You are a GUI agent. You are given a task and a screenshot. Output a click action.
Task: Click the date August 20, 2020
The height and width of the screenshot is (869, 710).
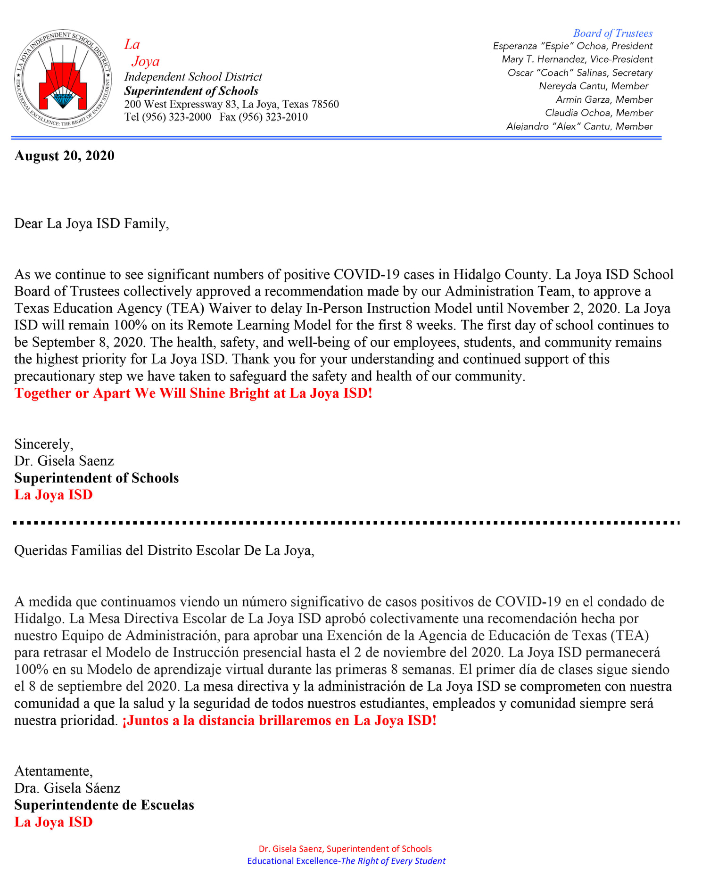(x=64, y=156)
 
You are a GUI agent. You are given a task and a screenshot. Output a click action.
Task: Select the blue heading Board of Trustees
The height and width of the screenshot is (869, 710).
(x=612, y=33)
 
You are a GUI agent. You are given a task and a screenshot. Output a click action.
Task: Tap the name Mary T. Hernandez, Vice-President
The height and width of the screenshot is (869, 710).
(x=577, y=59)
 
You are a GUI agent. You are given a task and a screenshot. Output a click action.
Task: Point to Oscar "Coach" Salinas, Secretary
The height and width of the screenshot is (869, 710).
(x=580, y=73)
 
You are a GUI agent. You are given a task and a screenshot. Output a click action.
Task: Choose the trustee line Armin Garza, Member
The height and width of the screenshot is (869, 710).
(x=604, y=99)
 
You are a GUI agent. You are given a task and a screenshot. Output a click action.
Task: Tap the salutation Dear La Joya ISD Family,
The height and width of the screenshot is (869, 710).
(x=91, y=223)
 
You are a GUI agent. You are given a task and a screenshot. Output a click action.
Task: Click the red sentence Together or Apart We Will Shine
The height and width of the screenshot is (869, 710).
(x=193, y=393)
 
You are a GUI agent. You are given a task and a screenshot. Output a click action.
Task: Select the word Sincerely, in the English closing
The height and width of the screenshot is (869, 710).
(x=44, y=444)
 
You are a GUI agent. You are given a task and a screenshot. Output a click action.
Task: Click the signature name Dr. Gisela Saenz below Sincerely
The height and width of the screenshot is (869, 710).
(x=64, y=461)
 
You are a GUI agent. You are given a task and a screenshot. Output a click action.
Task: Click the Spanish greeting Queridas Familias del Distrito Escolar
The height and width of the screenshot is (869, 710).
(x=164, y=550)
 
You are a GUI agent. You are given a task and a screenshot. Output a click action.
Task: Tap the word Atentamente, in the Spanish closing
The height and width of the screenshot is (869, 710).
(x=54, y=771)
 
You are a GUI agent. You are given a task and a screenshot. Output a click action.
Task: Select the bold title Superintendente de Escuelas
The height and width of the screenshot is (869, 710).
(x=104, y=805)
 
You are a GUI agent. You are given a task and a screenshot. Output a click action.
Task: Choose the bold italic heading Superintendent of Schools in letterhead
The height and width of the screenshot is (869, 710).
(x=191, y=91)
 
